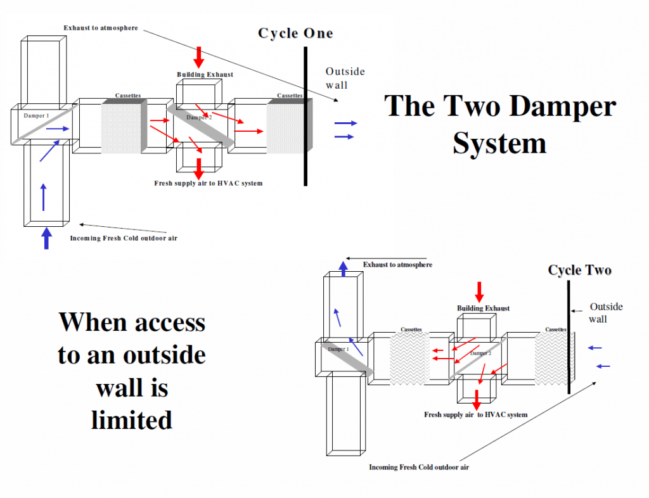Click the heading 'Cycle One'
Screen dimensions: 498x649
[x=295, y=34]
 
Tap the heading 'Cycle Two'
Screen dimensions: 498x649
[x=579, y=271]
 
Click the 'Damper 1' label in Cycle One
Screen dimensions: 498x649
[x=36, y=116]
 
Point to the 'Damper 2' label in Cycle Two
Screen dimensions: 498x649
[x=480, y=353]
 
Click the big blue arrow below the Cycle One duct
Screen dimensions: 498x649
[x=46, y=238]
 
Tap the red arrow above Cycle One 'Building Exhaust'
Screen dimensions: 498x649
[x=199, y=57]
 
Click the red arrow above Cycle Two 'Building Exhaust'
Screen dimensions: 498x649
[x=479, y=291]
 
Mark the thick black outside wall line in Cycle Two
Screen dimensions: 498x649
[x=569, y=336]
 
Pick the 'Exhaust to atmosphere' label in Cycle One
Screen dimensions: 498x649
[x=100, y=28]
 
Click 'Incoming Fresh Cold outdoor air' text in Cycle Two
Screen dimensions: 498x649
[x=419, y=468]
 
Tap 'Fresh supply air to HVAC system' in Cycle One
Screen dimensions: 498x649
[x=208, y=183]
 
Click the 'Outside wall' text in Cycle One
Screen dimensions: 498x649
[x=345, y=78]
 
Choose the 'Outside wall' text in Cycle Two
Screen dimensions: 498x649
[x=605, y=312]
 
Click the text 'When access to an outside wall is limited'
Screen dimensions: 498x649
[x=132, y=371]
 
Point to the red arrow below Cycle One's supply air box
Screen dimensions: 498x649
[x=199, y=168]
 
